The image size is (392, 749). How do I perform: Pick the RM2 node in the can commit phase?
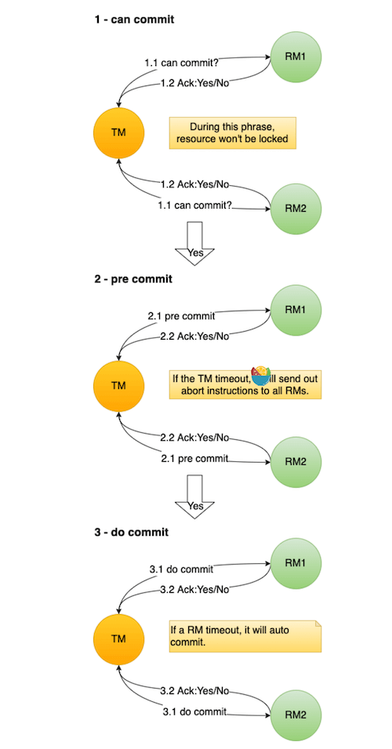coord(295,209)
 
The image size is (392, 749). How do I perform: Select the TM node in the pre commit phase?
coord(118,386)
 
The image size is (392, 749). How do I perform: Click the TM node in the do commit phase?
coord(118,638)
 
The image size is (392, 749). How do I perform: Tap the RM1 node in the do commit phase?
coord(295,564)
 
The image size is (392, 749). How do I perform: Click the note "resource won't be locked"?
coord(233,133)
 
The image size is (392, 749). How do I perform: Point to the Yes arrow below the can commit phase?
coord(194,244)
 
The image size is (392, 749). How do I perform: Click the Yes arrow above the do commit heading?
coord(194,499)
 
